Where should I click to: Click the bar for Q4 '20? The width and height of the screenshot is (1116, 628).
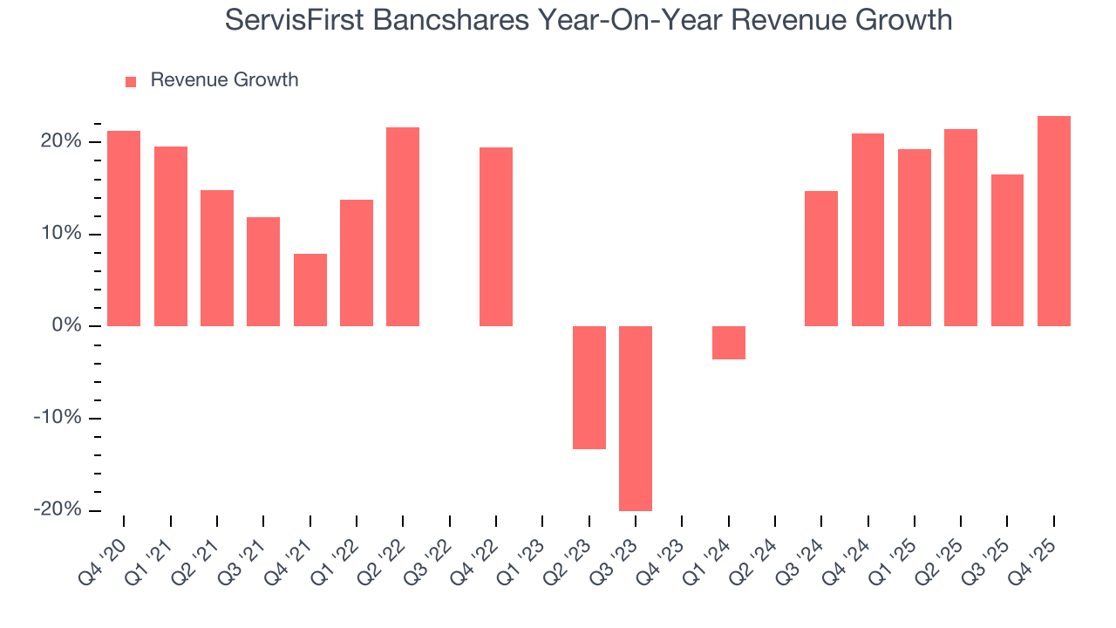124,229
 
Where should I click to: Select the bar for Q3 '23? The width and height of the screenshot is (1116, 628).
636,418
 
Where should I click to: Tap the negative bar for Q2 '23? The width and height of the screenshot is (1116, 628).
589,387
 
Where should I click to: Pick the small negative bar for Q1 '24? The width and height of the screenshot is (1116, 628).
729,342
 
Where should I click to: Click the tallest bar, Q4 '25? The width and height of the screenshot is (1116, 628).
1054,222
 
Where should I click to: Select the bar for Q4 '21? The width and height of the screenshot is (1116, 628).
310,290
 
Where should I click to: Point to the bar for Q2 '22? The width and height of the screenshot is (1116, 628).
403,227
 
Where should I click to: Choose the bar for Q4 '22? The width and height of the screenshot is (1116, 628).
496,236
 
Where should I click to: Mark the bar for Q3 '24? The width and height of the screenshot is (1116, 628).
821,258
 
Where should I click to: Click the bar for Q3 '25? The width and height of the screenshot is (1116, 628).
1007,250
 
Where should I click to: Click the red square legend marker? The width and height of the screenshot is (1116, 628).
131,82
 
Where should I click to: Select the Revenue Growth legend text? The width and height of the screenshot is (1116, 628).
224,80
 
